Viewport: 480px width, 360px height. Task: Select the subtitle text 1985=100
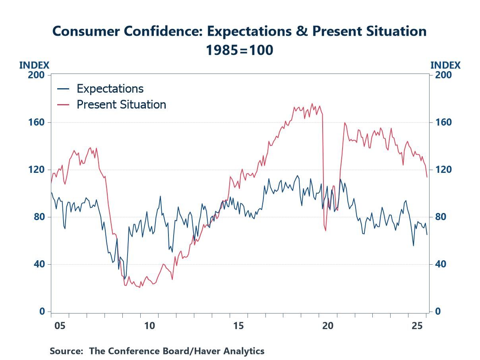click(239, 50)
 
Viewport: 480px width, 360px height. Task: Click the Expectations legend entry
click(110, 88)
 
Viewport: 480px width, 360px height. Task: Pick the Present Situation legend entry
click(121, 105)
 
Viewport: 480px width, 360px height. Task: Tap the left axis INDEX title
click(34, 66)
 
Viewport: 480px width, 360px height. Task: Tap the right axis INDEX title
click(445, 66)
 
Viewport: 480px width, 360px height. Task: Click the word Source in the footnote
click(66, 351)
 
